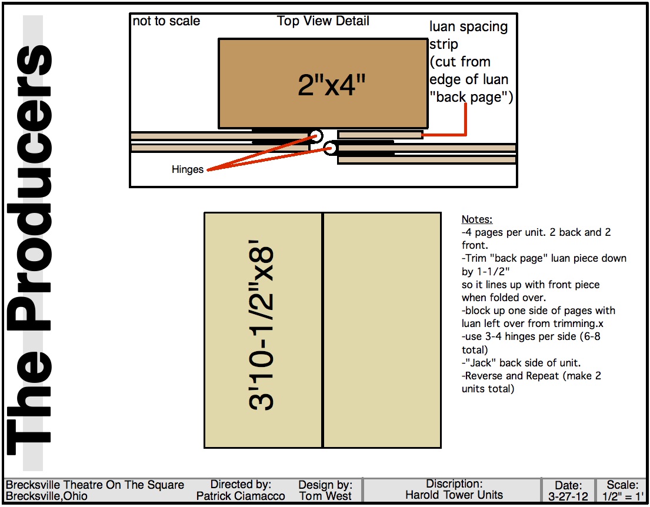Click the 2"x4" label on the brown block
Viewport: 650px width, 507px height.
pos(332,85)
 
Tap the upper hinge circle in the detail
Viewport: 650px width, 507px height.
pos(316,135)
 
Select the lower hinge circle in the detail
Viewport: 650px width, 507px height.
pos(330,148)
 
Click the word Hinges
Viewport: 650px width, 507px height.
pos(188,169)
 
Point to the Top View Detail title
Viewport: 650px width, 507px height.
pos(323,21)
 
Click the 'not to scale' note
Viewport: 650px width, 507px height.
pos(166,21)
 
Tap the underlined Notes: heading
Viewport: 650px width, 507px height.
pos(476,219)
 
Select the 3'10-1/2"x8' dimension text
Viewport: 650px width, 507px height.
pos(262,325)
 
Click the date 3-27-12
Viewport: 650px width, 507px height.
pos(568,496)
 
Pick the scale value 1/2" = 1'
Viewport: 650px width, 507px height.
pos(622,496)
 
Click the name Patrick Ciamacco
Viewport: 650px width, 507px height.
pos(241,496)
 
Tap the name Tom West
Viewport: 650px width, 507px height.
pos(325,496)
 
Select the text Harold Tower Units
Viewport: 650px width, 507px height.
pos(454,495)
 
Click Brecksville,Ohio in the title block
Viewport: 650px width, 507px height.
pos(46,496)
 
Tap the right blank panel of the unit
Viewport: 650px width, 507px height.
pos(382,331)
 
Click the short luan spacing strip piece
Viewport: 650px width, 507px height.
pos(380,135)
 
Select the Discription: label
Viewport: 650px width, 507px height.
pos(454,483)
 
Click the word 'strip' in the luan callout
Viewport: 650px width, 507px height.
pos(444,44)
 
